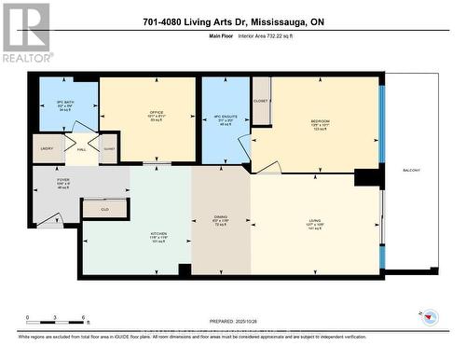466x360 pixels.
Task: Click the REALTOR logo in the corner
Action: coord(26,32)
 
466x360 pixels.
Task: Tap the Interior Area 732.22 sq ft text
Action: coord(277,37)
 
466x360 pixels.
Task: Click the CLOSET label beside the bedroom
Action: coord(261,99)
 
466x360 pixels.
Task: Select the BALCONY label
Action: coord(411,170)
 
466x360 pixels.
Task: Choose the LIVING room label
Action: coord(315,223)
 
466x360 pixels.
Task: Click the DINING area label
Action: coord(222,221)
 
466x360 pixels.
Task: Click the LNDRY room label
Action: coord(47,149)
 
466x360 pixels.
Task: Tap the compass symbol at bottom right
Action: coord(431,317)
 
